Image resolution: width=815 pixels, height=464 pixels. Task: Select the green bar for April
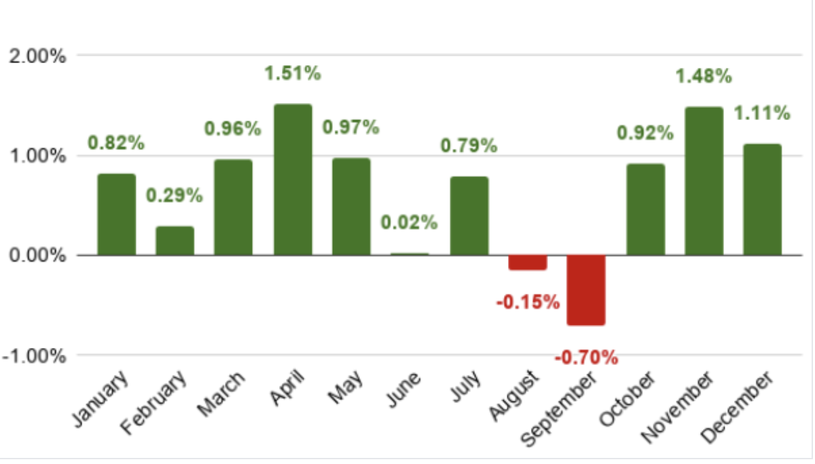[293, 180]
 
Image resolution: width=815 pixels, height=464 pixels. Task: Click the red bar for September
[586, 290]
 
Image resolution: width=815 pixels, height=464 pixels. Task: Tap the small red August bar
[528, 263]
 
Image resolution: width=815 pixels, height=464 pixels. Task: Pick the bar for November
[704, 181]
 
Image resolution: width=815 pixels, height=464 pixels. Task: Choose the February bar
[175, 241]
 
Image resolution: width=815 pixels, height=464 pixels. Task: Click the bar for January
[116, 214]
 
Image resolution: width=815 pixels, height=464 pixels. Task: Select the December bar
[762, 199]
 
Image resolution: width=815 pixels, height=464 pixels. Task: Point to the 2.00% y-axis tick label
[37, 56]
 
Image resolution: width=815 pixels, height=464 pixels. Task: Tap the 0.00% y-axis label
[37, 256]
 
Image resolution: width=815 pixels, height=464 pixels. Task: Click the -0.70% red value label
[587, 357]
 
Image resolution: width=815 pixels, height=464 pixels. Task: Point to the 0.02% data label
[409, 222]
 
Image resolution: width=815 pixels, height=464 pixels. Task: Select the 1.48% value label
[704, 77]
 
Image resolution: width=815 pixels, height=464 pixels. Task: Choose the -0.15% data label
[528, 302]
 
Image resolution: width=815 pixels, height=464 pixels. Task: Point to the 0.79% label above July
[469, 145]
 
